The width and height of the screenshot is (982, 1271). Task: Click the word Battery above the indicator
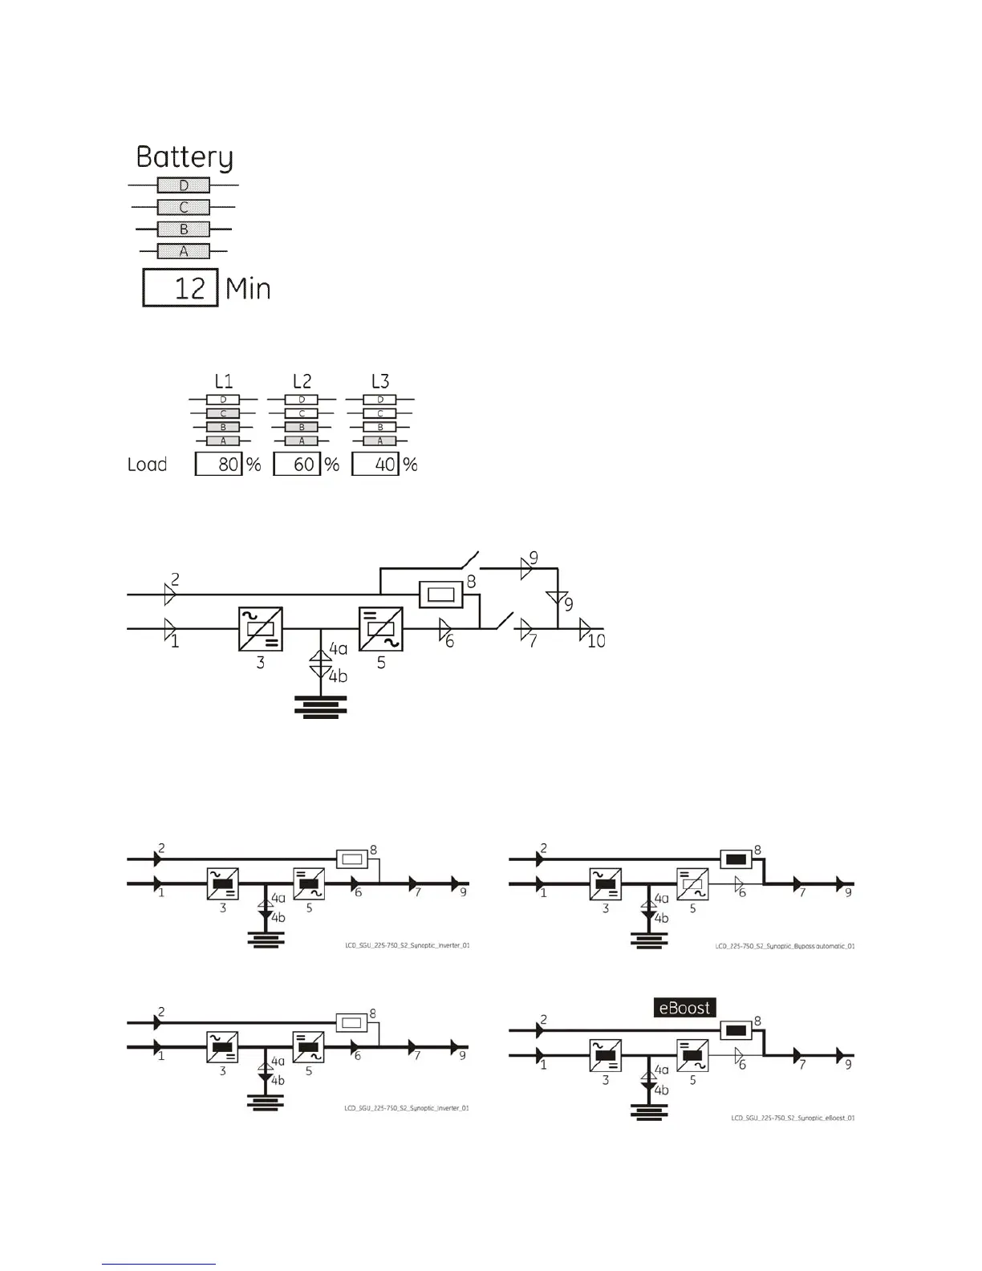pyautogui.click(x=185, y=156)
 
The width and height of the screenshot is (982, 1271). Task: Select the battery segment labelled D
pyautogui.click(x=184, y=185)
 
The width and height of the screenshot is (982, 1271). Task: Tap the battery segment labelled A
pyautogui.click(x=184, y=251)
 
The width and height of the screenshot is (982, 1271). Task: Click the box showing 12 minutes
pyautogui.click(x=181, y=288)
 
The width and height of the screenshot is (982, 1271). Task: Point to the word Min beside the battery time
pyautogui.click(x=248, y=289)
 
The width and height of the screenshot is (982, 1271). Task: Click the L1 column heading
pyautogui.click(x=223, y=381)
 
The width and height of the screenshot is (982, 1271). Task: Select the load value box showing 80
pyautogui.click(x=219, y=465)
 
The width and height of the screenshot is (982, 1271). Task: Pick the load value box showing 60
pyautogui.click(x=297, y=465)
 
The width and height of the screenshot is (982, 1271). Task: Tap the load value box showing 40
pyautogui.click(x=375, y=465)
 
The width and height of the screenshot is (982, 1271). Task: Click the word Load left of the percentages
pyautogui.click(x=148, y=465)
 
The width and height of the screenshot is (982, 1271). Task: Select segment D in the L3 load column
pyautogui.click(x=380, y=400)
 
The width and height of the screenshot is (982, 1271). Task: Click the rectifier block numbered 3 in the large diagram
pyautogui.click(x=261, y=629)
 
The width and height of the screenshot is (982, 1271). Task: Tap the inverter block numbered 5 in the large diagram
pyautogui.click(x=380, y=629)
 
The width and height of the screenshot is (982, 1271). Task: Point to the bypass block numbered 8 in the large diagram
pyautogui.click(x=441, y=595)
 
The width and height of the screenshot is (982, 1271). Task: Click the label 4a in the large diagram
pyautogui.click(x=339, y=648)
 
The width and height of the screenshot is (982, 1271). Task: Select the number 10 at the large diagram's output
pyautogui.click(x=596, y=641)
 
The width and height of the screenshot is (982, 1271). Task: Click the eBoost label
pyautogui.click(x=684, y=1008)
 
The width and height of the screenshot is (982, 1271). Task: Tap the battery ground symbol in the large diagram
pyautogui.click(x=321, y=709)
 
